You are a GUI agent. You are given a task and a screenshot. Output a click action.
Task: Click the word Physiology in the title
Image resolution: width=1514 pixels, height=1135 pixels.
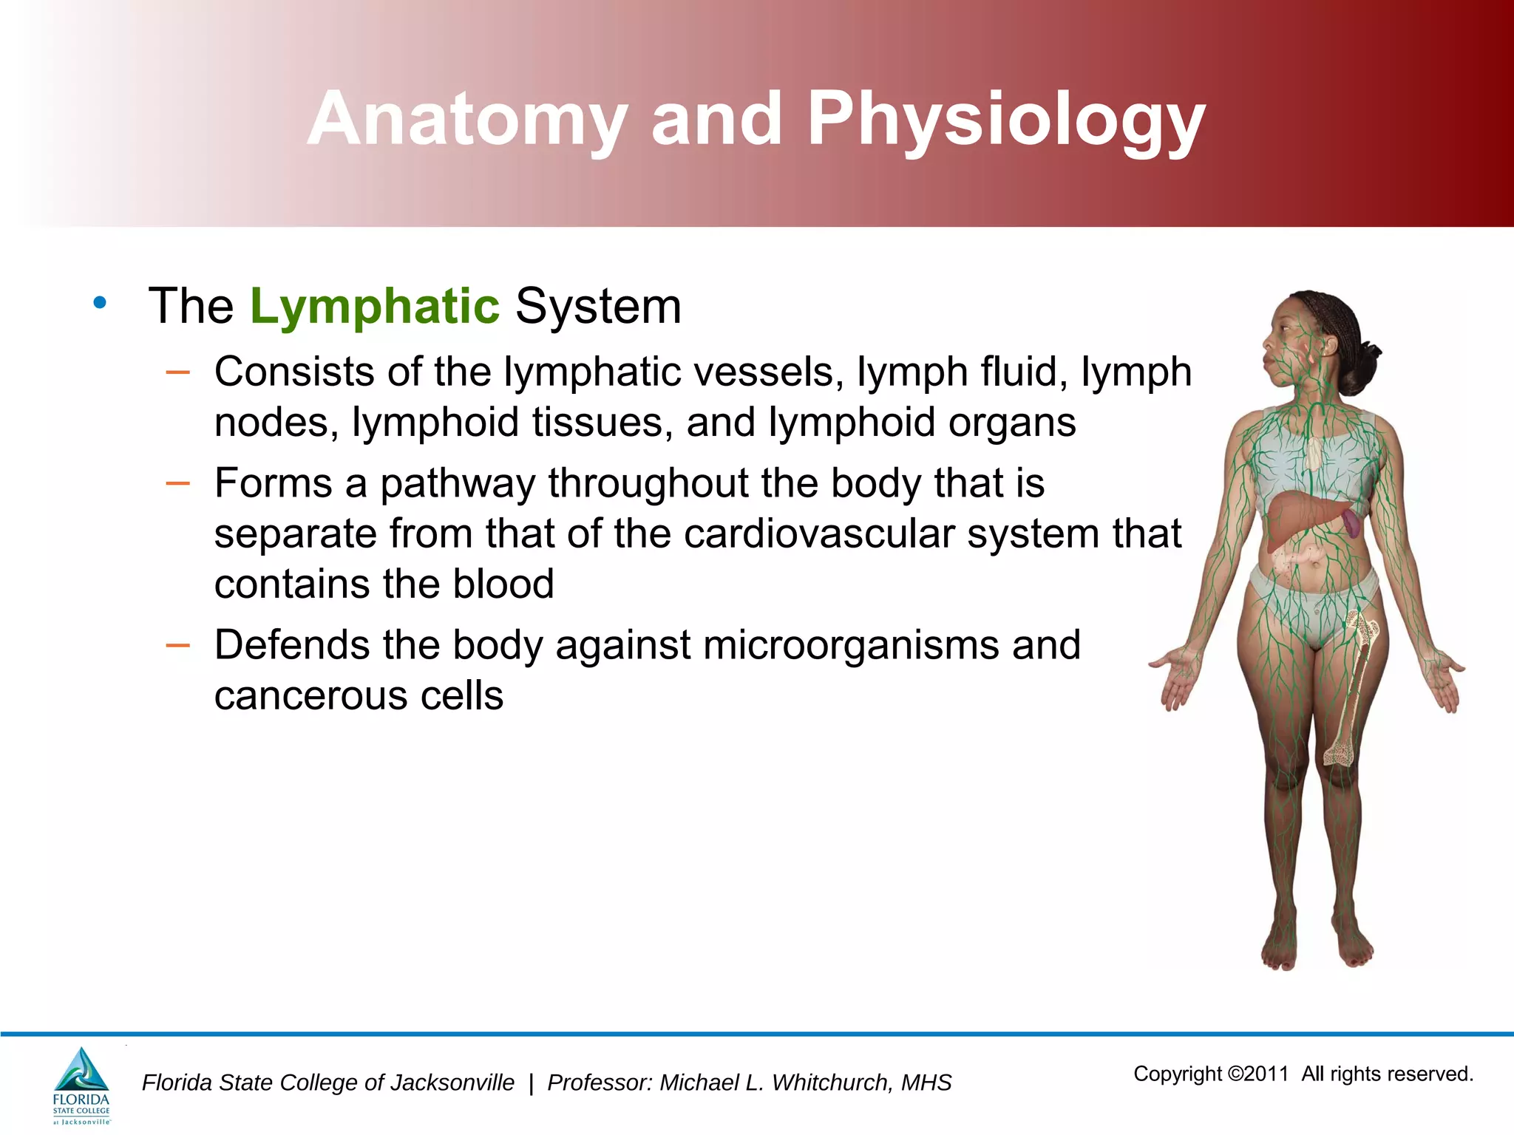(x=1005, y=120)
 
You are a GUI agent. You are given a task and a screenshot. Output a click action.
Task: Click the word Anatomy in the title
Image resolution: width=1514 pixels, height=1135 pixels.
(x=467, y=120)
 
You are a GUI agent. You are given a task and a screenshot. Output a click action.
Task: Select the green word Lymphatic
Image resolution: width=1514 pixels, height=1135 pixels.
(x=375, y=306)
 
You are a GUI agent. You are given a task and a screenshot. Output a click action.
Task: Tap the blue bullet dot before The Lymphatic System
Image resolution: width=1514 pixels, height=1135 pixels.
(x=100, y=302)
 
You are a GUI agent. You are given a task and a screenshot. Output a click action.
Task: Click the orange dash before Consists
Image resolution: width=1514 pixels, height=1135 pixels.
(x=178, y=372)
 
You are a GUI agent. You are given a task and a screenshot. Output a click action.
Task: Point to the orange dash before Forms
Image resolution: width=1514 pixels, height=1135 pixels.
(x=178, y=484)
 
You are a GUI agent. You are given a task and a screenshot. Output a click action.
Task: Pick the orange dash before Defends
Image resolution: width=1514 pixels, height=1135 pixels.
(x=178, y=646)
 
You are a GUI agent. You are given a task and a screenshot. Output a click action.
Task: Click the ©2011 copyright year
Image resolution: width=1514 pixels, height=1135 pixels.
(x=1258, y=1074)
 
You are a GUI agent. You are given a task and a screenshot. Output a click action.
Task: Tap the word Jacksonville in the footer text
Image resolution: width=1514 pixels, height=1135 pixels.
(x=451, y=1083)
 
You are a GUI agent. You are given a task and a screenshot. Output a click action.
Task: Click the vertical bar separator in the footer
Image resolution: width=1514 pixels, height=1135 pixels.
(x=531, y=1083)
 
